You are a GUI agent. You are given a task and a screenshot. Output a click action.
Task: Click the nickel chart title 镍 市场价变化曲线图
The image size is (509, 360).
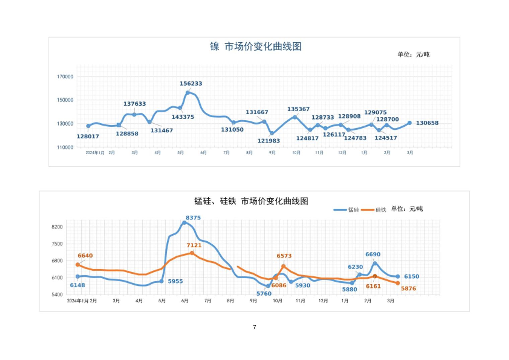256,46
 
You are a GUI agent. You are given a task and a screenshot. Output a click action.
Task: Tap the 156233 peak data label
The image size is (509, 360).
191,83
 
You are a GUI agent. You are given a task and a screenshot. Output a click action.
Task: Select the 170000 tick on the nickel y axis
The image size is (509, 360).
65,77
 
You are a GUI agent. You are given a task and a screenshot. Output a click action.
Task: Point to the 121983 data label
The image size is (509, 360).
269,141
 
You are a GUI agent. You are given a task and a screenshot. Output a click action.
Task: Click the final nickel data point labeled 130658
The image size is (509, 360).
410,123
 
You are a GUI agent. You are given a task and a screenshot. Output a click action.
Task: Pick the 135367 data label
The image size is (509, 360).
298,109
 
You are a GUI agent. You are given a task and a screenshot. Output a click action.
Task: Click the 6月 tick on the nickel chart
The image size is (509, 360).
204,153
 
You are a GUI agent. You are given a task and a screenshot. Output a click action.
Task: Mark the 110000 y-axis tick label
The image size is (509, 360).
65,147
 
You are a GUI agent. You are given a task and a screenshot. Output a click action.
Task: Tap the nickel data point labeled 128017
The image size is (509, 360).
88,126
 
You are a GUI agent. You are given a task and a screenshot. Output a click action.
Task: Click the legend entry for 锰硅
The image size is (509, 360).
347,210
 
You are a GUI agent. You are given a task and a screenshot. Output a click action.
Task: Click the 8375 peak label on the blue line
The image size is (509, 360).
193,218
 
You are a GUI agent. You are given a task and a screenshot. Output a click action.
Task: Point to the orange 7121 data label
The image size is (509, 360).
194,245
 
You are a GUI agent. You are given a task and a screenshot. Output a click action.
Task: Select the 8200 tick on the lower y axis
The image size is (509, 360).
57,227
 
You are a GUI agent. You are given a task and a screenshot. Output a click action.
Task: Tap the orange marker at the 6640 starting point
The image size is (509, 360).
78,265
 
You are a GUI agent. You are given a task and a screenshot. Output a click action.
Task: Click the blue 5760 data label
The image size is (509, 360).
264,294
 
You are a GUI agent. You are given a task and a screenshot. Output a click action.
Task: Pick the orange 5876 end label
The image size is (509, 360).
409,289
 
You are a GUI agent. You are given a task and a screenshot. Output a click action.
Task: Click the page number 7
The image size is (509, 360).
254,327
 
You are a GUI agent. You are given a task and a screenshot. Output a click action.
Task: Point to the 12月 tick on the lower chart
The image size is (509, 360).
323,301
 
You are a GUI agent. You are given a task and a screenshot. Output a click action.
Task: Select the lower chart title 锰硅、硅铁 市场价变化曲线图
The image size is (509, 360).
251,201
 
